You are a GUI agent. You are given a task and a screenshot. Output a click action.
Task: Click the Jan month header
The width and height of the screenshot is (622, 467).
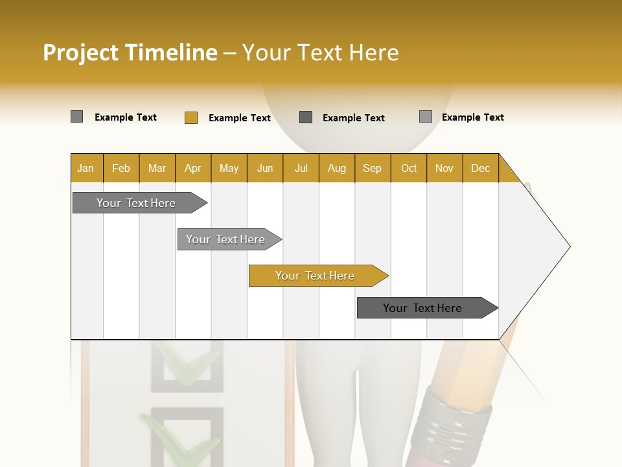point(86,168)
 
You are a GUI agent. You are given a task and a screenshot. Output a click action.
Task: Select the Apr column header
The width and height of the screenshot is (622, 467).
point(192,168)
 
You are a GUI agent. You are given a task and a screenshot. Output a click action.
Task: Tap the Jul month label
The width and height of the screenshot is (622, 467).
point(301,168)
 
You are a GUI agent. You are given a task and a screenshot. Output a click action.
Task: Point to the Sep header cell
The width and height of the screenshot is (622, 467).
point(372,168)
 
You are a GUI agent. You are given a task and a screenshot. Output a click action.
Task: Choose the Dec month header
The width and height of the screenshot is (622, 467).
point(480,168)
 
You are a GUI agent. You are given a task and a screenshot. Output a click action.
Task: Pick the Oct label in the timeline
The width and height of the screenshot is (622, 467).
point(409,168)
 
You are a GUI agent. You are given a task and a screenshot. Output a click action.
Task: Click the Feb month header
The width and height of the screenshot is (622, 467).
point(121,168)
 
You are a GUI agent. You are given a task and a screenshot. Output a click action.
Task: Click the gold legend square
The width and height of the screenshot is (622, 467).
point(190,117)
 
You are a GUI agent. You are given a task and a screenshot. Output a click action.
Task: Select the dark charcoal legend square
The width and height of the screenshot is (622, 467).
point(306,117)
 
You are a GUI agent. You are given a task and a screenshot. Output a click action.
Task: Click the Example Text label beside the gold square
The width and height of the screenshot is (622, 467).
point(239,118)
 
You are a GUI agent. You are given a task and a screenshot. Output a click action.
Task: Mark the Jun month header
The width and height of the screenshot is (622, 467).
point(265,168)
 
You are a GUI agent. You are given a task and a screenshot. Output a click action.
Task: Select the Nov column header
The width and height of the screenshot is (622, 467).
point(444,168)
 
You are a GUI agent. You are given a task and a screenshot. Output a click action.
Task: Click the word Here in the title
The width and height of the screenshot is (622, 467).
point(374,53)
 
